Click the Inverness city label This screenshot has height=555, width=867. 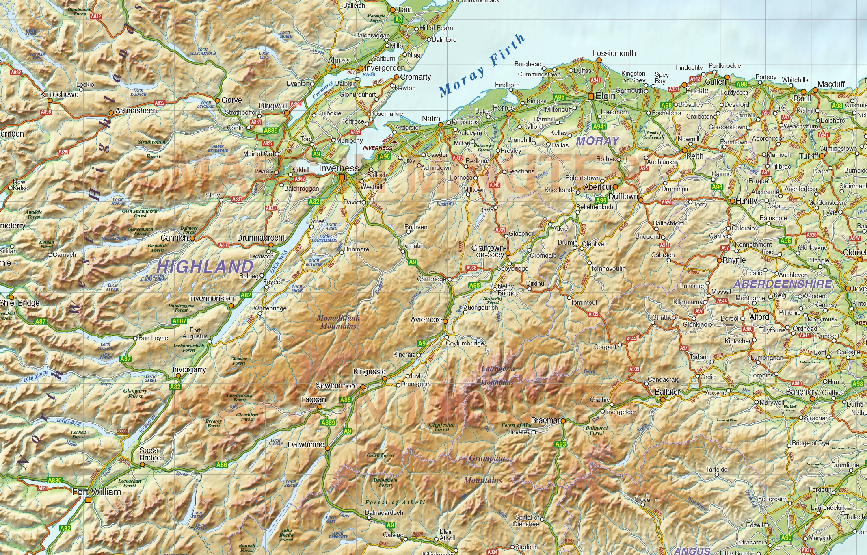[x=339, y=168]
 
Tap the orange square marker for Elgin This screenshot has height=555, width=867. [x=591, y=96]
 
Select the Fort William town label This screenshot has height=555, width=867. [x=97, y=492]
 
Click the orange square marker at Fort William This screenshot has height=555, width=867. [x=88, y=500]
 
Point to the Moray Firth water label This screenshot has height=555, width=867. [x=482, y=65]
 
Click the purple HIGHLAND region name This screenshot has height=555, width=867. [x=205, y=267]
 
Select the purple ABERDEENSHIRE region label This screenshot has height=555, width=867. [x=782, y=284]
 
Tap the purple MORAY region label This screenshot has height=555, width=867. [x=598, y=141]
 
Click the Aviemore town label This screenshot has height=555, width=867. [x=426, y=319]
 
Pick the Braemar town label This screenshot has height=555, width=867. [x=545, y=420]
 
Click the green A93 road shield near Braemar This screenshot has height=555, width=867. [x=560, y=444]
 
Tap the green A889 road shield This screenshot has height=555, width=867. [x=328, y=423]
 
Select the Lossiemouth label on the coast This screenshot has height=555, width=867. [x=614, y=53]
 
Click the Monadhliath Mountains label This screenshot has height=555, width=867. [x=338, y=322]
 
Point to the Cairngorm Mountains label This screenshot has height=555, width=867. [x=497, y=375]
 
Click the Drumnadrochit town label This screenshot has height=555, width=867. [x=262, y=238]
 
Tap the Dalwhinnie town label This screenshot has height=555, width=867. [x=306, y=444]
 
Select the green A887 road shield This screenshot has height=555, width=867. [x=179, y=321]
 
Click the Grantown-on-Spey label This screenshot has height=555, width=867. [x=489, y=251]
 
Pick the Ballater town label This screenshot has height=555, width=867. [x=667, y=392]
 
